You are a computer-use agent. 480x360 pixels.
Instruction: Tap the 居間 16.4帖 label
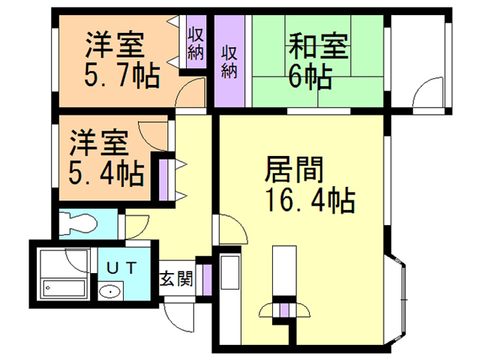click(x=310, y=184)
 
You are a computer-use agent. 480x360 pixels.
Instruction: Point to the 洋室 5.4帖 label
click(x=106, y=157)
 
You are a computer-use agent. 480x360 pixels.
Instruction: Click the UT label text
click(x=121, y=268)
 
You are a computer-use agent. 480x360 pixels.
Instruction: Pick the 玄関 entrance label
click(x=176, y=278)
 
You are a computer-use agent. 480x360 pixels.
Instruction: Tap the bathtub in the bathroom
click(x=64, y=289)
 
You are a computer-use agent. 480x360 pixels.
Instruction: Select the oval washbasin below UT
click(x=110, y=292)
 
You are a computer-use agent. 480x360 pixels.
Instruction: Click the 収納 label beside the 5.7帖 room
click(x=196, y=43)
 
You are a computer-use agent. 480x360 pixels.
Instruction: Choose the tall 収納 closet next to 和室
click(x=229, y=61)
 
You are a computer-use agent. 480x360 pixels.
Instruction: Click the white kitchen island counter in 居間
click(x=284, y=271)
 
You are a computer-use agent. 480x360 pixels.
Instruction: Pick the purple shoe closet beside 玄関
click(x=207, y=280)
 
